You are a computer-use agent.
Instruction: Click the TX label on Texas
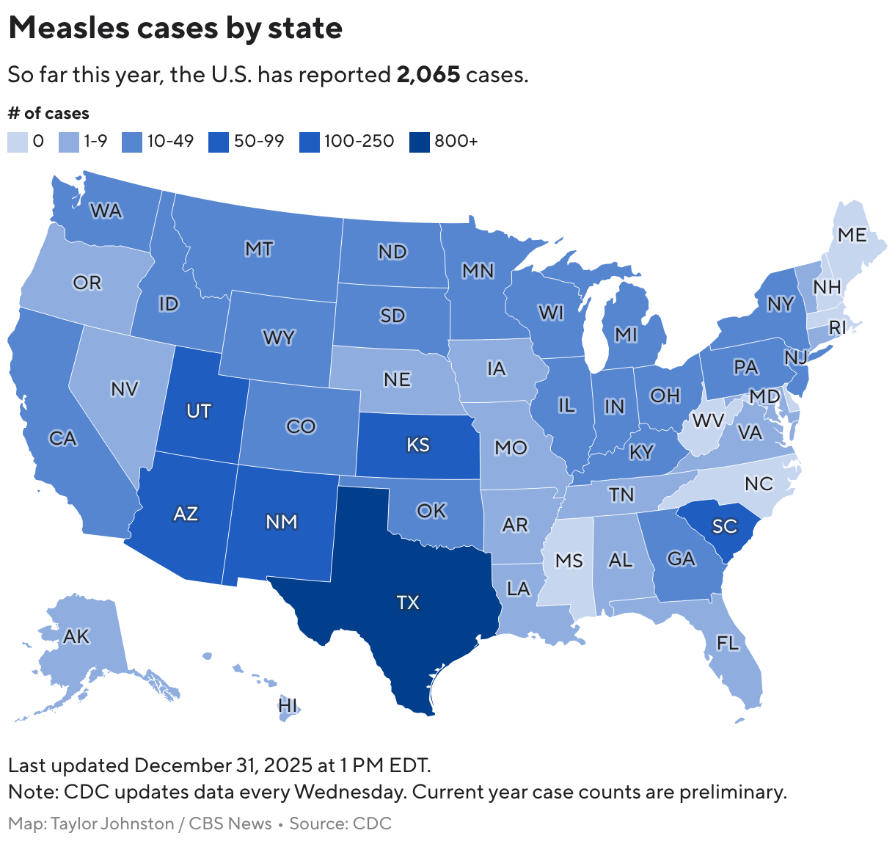(x=408, y=603)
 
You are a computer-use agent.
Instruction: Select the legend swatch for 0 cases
(x=18, y=142)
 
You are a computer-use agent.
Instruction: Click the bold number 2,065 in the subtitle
(x=428, y=75)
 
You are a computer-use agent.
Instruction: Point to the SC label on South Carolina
(x=724, y=526)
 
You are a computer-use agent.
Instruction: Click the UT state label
(x=199, y=411)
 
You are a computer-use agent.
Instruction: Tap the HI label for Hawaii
(x=288, y=705)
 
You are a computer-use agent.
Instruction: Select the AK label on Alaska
(x=76, y=636)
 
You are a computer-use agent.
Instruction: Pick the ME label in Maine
(x=852, y=235)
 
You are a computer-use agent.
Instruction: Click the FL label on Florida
(x=728, y=644)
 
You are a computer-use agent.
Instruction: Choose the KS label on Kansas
(x=418, y=445)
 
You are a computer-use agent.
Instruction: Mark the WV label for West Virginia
(x=708, y=421)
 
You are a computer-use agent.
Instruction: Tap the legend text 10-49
(x=170, y=141)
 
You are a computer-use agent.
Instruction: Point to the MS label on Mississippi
(x=569, y=561)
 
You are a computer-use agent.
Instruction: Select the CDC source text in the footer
(x=372, y=823)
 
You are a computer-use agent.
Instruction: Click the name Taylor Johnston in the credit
(x=112, y=823)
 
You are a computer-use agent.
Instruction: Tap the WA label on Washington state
(x=106, y=211)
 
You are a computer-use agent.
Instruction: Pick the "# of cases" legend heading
(x=48, y=113)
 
